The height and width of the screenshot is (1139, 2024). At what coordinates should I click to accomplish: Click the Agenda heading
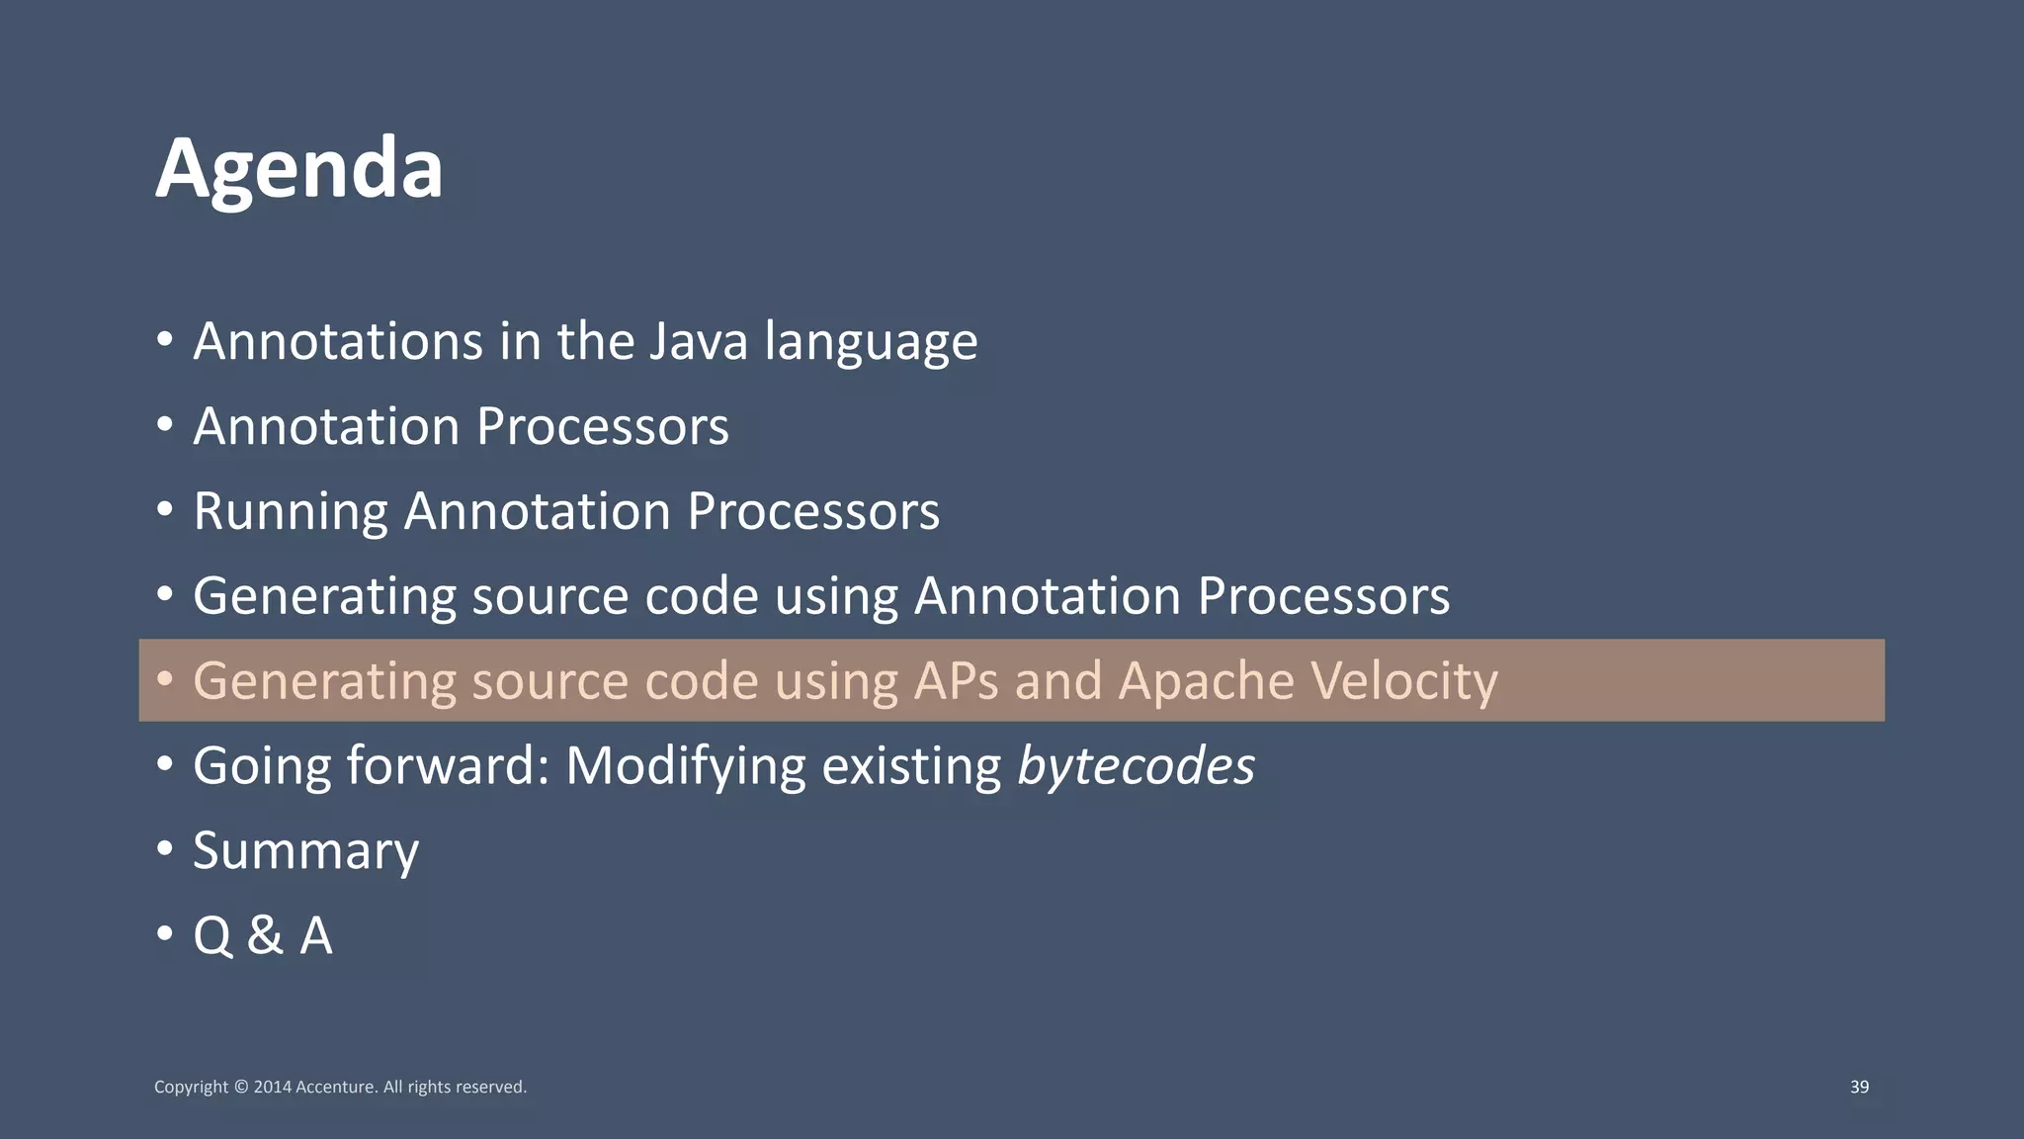point(298,168)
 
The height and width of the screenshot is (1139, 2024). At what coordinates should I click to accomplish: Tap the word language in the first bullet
point(871,343)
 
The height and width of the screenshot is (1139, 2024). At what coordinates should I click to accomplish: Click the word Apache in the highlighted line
point(1206,680)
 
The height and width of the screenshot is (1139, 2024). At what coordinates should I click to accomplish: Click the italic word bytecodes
point(1136,766)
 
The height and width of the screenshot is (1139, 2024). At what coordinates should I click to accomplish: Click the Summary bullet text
point(305,851)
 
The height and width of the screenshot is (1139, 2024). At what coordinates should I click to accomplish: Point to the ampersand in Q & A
point(265,935)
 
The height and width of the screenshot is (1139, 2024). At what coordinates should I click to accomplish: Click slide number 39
point(1859,1087)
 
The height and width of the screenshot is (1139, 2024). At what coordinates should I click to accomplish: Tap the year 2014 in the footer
point(273,1087)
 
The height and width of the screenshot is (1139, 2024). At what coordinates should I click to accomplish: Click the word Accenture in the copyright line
point(336,1087)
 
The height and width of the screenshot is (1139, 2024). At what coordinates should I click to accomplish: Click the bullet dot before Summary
point(165,848)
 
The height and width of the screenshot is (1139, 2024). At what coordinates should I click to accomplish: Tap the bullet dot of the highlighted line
point(165,679)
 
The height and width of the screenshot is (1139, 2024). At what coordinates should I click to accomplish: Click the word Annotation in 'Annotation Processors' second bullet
point(326,427)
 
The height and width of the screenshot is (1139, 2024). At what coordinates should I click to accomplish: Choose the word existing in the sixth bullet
point(911,766)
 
